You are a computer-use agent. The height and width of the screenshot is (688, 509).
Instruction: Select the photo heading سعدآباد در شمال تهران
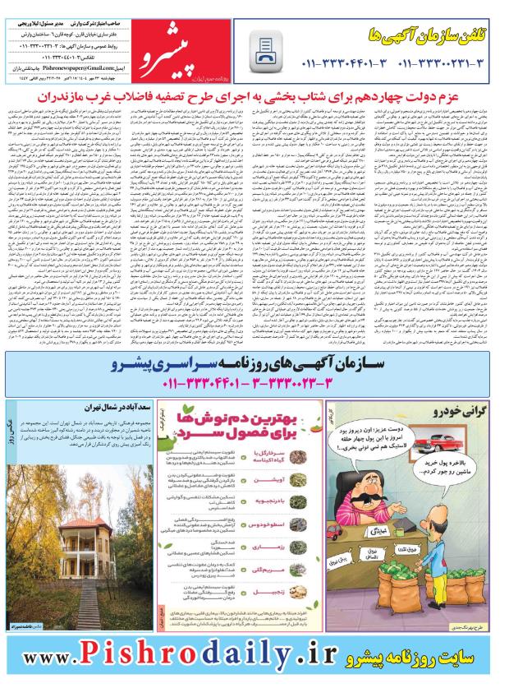click(107, 407)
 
